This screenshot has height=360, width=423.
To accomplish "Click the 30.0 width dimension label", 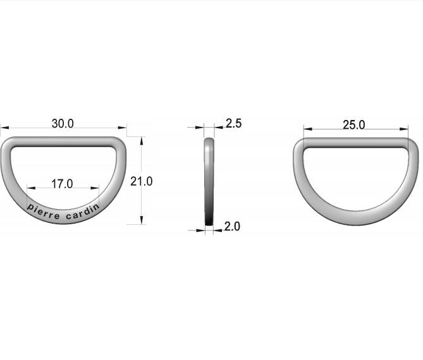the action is point(63,124).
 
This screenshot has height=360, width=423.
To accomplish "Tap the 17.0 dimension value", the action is point(62,184).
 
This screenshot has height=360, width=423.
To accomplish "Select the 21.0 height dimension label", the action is point(142,181).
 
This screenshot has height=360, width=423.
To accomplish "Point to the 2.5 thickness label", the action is point(233,123).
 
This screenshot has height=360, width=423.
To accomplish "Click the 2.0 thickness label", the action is point(232,226).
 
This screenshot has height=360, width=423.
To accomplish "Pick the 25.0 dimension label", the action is point(354,125).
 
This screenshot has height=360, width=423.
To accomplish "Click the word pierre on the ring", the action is point(43,212).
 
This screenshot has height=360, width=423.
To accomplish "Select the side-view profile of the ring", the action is point(209,182).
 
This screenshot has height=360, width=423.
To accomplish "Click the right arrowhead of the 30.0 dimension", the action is point(122,128).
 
